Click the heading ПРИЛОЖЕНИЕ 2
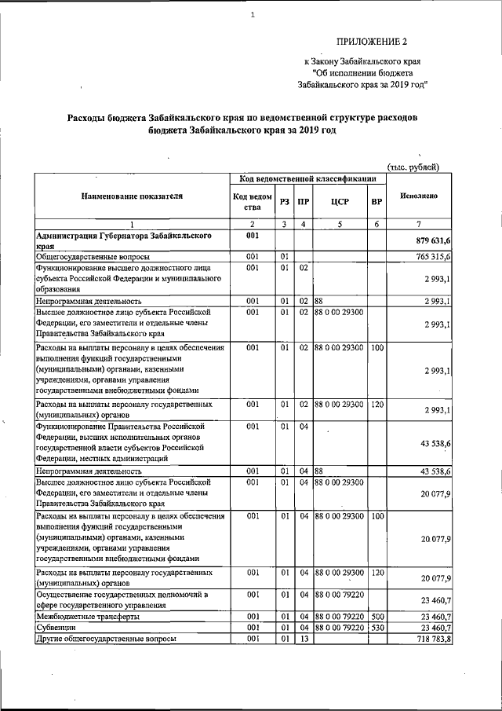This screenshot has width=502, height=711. coord(373,41)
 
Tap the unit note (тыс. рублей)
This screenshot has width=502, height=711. coord(414,166)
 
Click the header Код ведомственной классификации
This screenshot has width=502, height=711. coord(307,179)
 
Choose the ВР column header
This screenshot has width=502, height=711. coord(376,202)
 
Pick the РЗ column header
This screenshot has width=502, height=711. coord(284,202)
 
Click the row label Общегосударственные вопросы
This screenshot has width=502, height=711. coord(93,256)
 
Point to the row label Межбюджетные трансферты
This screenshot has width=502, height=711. coord(87,617)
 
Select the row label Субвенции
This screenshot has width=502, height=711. coord(57,629)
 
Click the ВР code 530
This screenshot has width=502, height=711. coord(376,629)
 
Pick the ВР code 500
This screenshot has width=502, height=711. coord(376,617)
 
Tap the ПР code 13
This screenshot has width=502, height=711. coord(303,640)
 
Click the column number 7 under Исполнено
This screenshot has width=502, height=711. coord(419,225)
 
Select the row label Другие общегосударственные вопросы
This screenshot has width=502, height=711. coord(106,640)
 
